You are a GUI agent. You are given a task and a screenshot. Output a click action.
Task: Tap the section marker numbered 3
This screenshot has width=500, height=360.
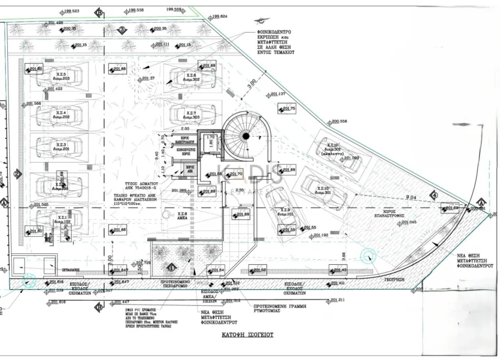click(x=121, y=30)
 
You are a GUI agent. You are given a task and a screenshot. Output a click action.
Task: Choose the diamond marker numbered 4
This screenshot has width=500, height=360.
click(x=434, y=195)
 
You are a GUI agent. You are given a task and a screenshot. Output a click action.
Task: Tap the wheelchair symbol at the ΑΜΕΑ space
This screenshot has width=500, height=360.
click(x=165, y=213)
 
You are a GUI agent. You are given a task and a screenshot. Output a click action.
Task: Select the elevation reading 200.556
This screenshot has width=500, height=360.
click(x=339, y=122)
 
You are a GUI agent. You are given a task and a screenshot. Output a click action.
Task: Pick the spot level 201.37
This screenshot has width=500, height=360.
click(x=147, y=79)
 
